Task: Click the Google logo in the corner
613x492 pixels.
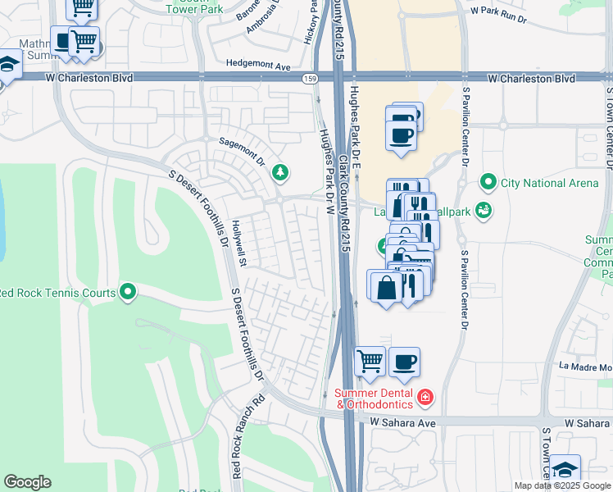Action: point(27,482)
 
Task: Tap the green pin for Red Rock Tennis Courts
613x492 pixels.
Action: point(128,291)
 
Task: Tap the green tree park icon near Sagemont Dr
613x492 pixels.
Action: point(281,171)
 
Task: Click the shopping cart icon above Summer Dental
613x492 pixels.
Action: point(370,361)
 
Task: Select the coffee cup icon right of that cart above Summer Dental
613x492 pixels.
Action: point(403,361)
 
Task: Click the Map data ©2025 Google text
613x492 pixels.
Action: point(562,485)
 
